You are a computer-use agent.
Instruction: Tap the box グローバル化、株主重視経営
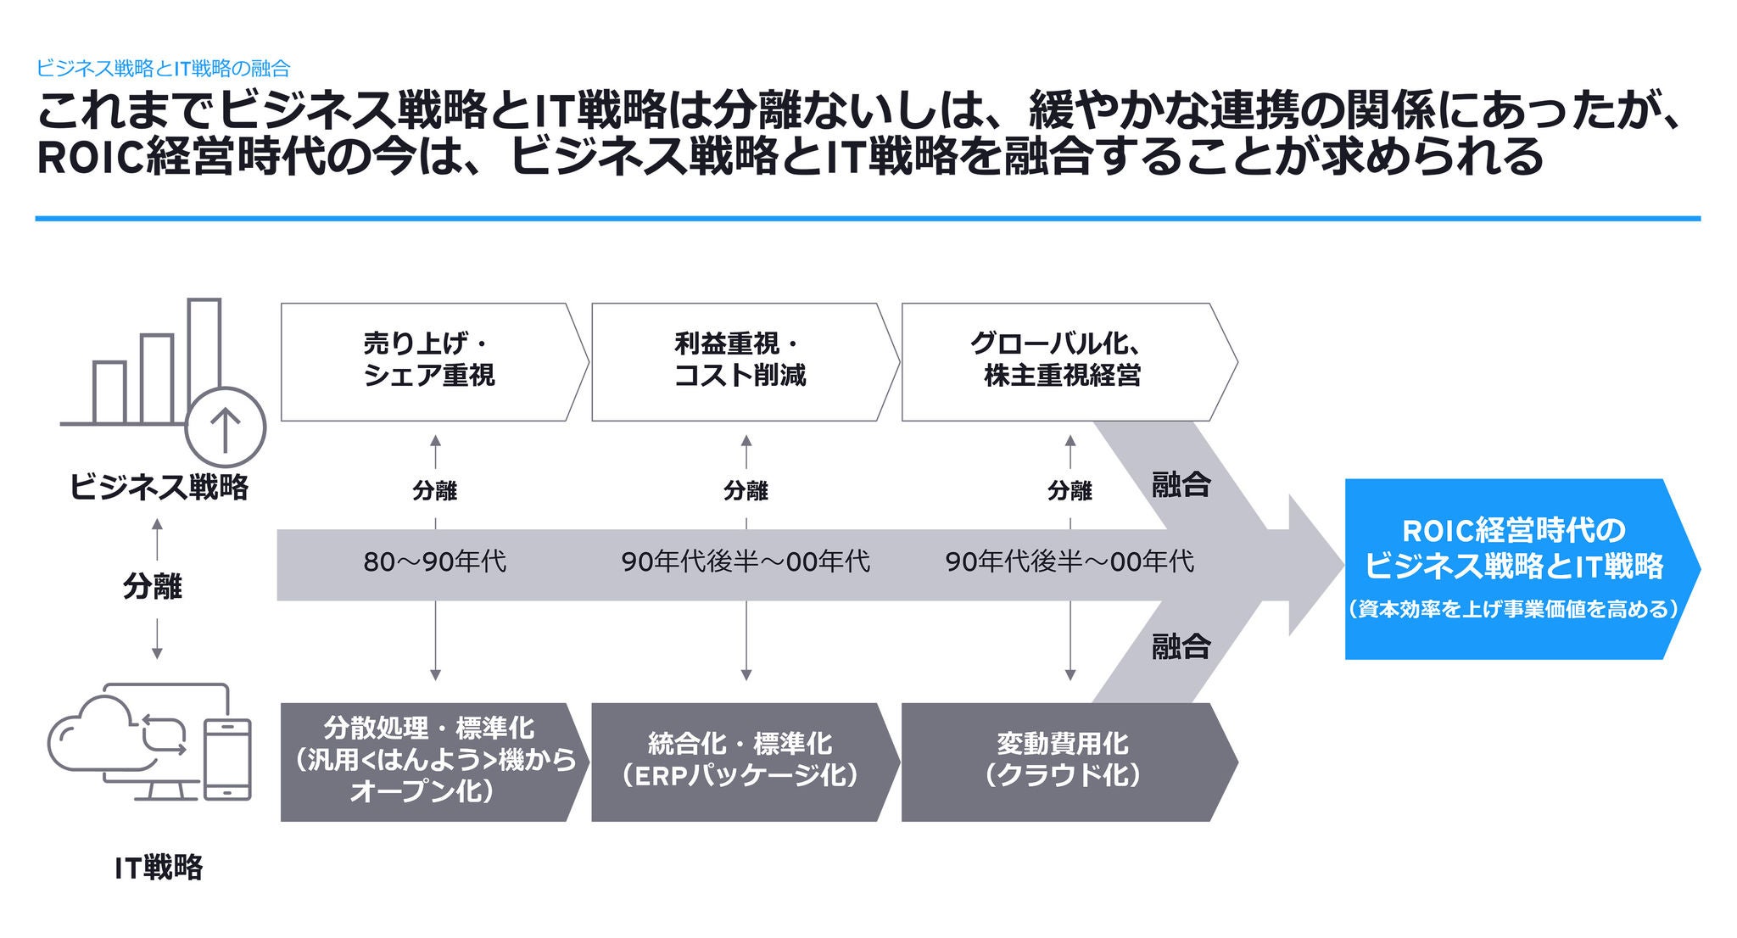pyautogui.click(x=1060, y=361)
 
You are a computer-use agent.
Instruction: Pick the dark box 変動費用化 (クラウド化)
pyautogui.click(x=1060, y=761)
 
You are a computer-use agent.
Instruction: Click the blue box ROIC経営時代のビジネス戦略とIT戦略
pyautogui.click(x=1514, y=568)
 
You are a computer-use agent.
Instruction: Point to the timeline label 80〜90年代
pyautogui.click(x=434, y=561)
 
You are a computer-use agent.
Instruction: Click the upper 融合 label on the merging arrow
pyautogui.click(x=1181, y=485)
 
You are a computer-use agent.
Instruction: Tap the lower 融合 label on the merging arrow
pyautogui.click(x=1181, y=646)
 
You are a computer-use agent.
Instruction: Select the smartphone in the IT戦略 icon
pyautogui.click(x=228, y=759)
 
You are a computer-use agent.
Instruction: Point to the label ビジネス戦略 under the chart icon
pyautogui.click(x=159, y=488)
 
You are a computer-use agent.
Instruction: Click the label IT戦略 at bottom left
pyautogui.click(x=159, y=868)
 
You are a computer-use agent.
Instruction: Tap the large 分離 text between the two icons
pyautogui.click(x=153, y=586)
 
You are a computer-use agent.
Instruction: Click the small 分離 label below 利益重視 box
pyautogui.click(x=746, y=490)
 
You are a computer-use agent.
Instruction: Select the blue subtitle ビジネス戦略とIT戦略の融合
pyautogui.click(x=164, y=69)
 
